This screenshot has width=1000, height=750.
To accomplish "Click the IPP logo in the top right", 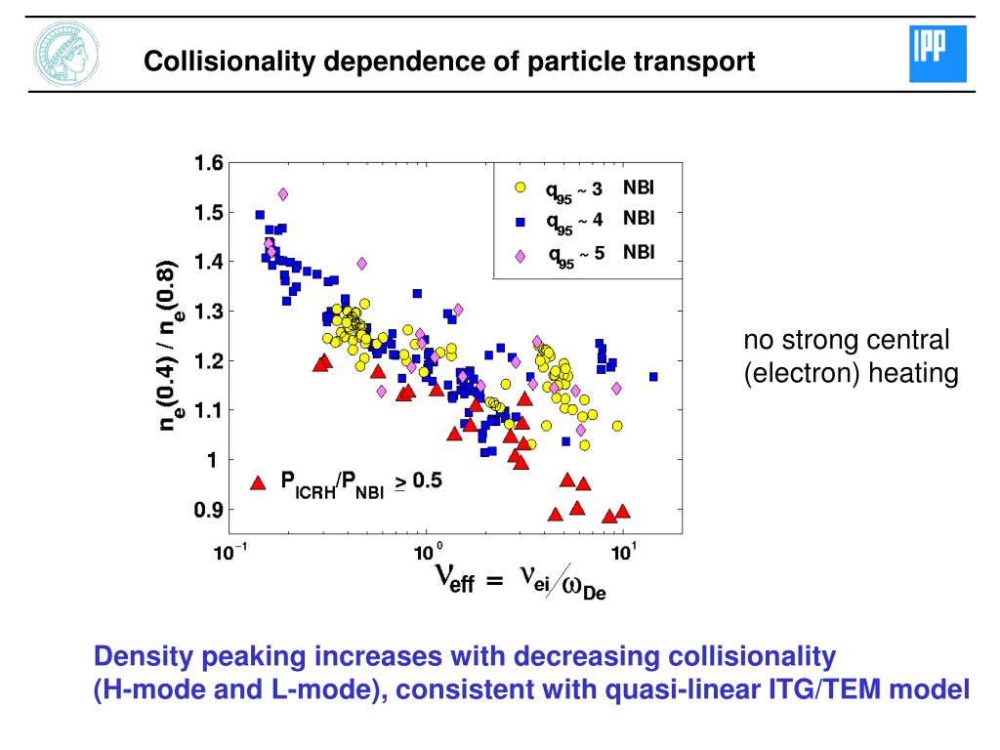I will point(937,54).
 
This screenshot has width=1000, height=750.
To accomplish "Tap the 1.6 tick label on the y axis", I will point(209,162).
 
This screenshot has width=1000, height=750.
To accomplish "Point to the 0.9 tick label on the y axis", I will point(209,510).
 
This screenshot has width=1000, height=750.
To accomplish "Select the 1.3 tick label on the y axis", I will point(209,312).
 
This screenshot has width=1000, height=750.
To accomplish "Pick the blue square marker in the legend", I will point(521,222).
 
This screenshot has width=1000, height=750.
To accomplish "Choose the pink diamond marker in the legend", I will point(521,256).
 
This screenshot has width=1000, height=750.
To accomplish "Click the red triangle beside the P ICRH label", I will point(259,481).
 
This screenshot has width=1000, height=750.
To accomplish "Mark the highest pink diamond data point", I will point(283,194).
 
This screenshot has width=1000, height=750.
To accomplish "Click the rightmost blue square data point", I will point(653,376).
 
